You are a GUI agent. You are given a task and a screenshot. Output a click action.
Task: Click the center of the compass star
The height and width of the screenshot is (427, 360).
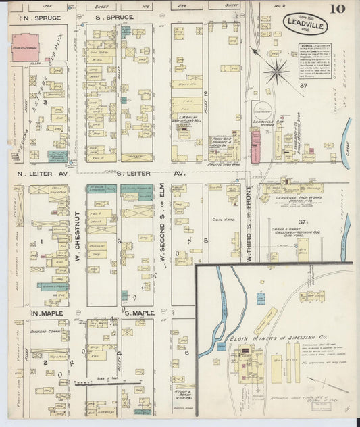pos(276,70)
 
